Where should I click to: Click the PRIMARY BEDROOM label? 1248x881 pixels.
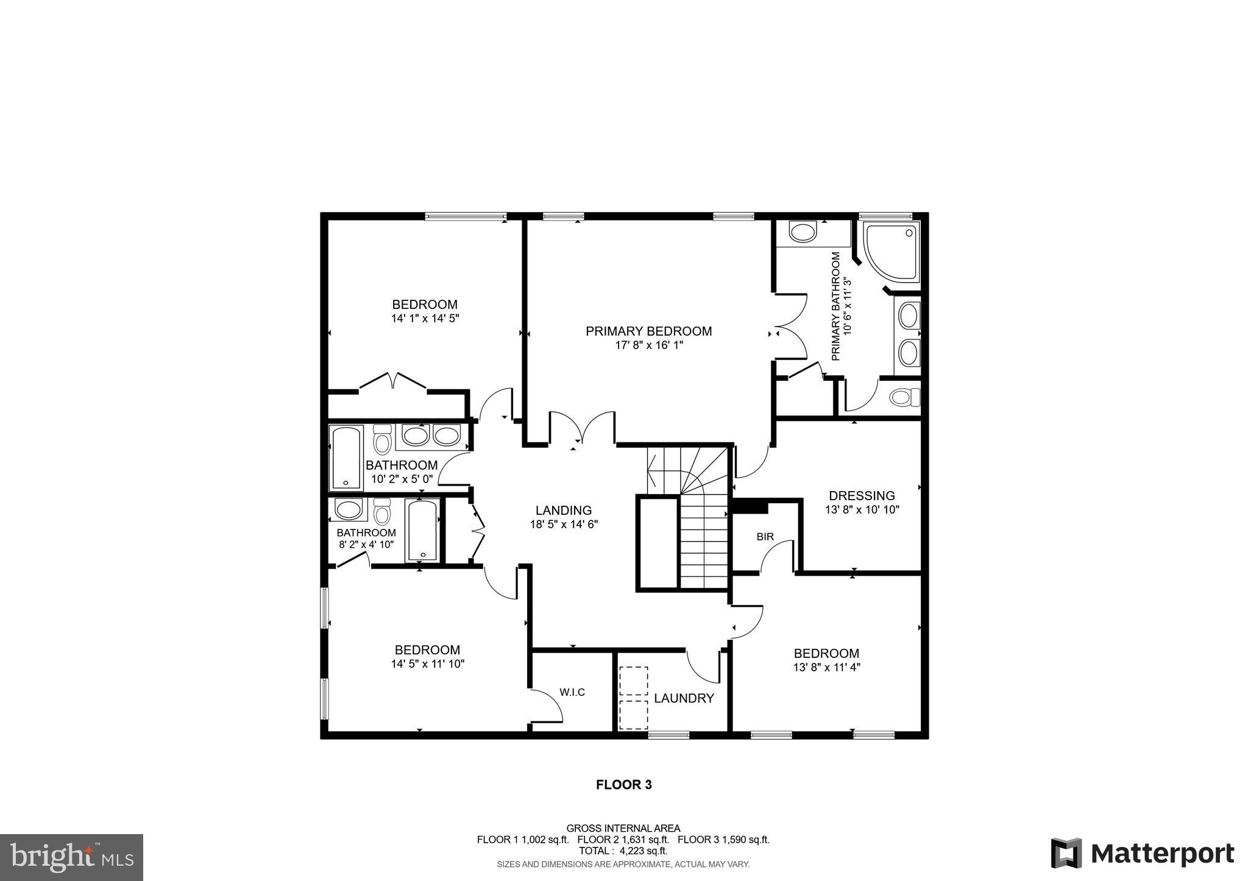(x=648, y=331)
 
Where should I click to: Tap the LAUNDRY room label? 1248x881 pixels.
(x=684, y=698)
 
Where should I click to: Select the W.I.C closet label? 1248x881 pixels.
(x=572, y=692)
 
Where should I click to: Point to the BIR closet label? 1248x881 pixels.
(x=765, y=537)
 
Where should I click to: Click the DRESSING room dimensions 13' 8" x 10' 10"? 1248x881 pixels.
(x=862, y=509)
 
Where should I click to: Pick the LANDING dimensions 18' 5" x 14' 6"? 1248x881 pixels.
(x=564, y=524)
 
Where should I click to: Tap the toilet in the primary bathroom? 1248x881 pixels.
(x=904, y=398)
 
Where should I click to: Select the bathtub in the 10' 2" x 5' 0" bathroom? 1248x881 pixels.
(x=346, y=458)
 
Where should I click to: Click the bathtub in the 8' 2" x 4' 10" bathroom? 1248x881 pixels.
(x=422, y=530)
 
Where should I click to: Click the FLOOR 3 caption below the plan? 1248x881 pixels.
(x=623, y=785)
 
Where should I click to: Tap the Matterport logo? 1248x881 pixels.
(x=1142, y=854)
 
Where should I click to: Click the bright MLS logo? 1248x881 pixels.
(x=71, y=858)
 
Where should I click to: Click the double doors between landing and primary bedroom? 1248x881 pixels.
(x=582, y=430)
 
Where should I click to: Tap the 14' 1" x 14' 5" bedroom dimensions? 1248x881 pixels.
(x=424, y=318)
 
